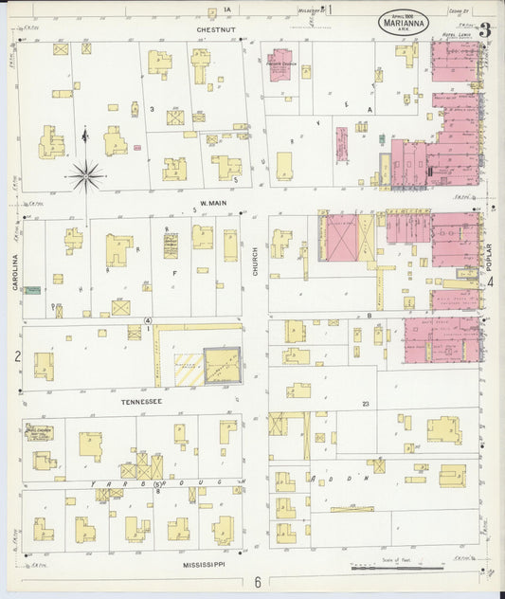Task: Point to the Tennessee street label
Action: click(x=140, y=401)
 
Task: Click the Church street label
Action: click(x=255, y=261)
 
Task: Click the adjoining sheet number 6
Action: click(x=256, y=582)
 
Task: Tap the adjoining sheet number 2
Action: click(x=16, y=356)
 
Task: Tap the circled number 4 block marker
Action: click(x=148, y=320)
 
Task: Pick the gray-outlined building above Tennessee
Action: click(x=222, y=365)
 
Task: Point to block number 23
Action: click(x=364, y=404)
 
